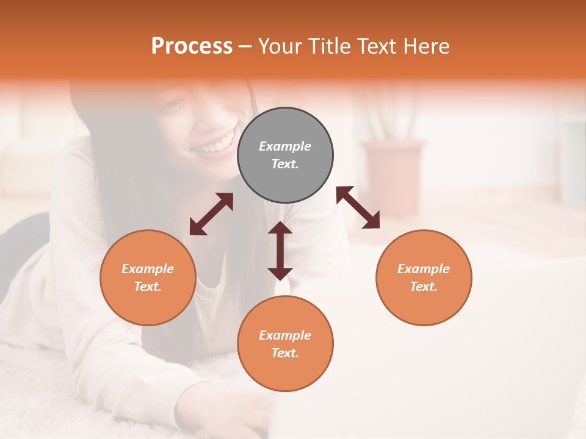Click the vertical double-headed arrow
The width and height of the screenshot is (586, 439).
coord(280,251)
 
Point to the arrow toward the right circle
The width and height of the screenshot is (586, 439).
coord(358,207)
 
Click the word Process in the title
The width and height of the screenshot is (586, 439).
coord(192,46)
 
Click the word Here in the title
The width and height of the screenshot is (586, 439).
coord(426,46)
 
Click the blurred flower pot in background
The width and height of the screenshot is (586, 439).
coord(392,177)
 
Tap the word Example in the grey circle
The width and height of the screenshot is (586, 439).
coord(285,146)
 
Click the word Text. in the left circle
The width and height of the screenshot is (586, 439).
coord(148,287)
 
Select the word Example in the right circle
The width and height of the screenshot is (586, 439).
coord(424,269)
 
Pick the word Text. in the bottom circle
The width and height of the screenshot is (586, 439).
coord(285,353)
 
